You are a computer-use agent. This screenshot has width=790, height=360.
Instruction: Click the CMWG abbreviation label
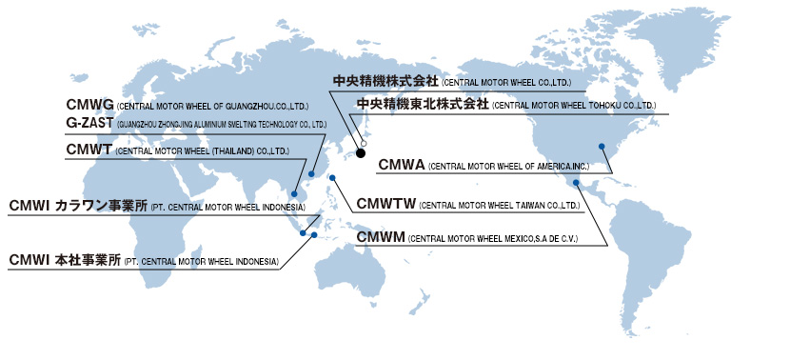[x=89, y=104]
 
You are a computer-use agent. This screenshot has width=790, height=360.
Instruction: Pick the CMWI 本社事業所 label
[x=65, y=260]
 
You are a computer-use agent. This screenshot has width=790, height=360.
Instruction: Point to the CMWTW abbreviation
[x=385, y=203]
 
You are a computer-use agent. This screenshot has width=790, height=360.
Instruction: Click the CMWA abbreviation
[x=400, y=165]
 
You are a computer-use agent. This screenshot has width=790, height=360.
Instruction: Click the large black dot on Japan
[x=361, y=151]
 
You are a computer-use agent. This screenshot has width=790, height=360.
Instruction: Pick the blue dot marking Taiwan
[x=332, y=177]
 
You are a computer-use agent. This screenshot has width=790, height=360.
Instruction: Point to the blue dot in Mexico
[x=576, y=182]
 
